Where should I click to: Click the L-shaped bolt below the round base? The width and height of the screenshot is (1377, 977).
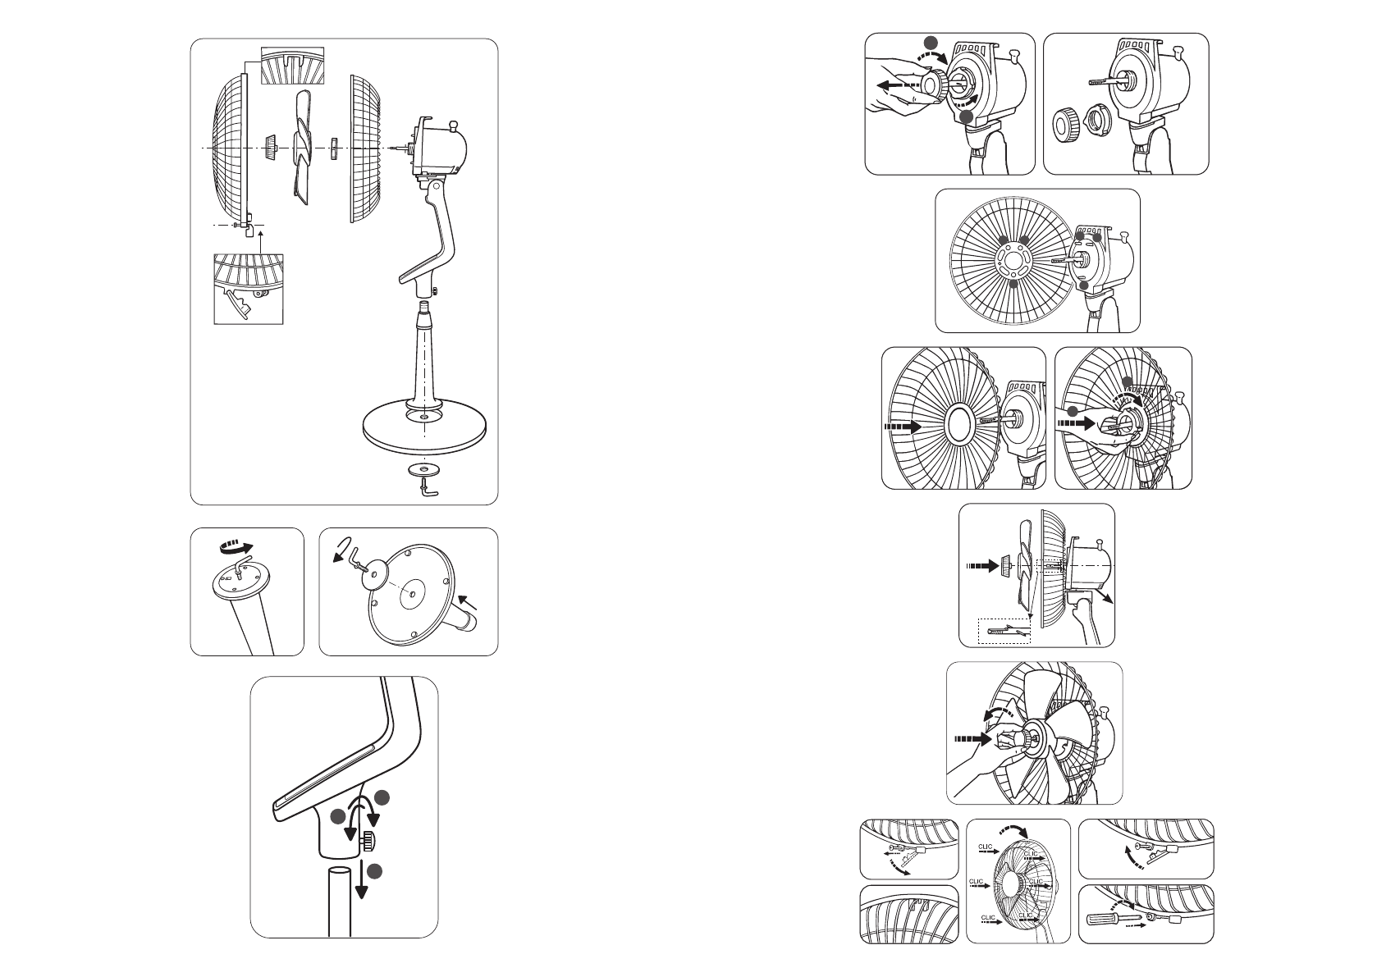click(x=428, y=489)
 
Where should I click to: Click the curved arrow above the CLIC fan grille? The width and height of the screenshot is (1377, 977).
click(x=1020, y=831)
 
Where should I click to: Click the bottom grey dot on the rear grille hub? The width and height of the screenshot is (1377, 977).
click(x=1014, y=284)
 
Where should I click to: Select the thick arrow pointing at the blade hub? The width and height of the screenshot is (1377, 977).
click(x=971, y=737)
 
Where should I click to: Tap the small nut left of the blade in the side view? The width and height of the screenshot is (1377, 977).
click(x=1004, y=565)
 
